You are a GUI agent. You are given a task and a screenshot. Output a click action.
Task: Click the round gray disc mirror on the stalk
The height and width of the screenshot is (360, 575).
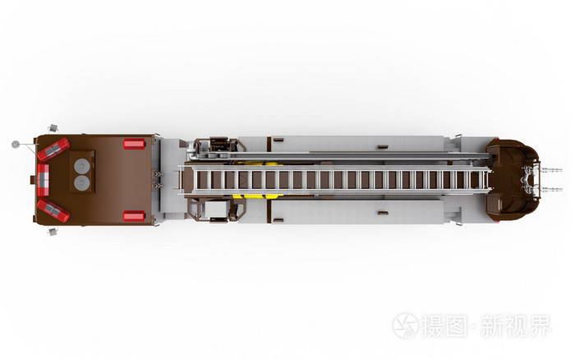16,144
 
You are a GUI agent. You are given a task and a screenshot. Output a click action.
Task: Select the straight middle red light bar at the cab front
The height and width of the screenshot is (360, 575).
44,180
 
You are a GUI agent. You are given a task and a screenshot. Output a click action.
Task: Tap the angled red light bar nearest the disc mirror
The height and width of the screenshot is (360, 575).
53,150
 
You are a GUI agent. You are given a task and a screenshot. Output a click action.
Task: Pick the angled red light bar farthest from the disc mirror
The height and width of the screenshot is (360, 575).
53,210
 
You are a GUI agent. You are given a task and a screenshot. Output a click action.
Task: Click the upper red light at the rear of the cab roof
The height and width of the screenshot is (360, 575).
134,144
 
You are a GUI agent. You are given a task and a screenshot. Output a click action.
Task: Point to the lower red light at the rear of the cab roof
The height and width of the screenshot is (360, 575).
134,216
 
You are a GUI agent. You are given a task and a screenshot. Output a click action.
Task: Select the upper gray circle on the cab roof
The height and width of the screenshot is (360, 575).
82,166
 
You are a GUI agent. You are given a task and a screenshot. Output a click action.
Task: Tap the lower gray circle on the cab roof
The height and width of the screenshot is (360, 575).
82,182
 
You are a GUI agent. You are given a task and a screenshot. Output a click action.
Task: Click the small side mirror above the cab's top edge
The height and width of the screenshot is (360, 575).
53,127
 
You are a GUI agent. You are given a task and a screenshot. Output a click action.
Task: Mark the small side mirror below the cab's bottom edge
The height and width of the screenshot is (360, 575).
53,232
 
